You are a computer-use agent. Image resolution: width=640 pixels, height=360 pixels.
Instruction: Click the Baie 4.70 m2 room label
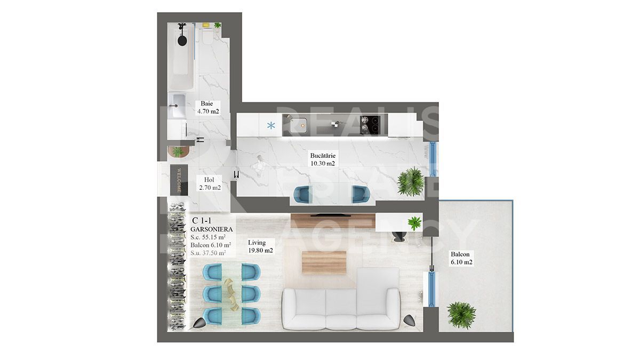[209, 107]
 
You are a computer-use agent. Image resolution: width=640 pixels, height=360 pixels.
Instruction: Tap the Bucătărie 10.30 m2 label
[323, 159]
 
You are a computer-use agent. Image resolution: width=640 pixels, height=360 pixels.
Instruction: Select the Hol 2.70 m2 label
[210, 183]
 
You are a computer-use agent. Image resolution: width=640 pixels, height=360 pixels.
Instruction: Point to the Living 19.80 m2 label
[260, 246]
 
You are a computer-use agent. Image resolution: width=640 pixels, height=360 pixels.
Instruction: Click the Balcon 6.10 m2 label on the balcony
[461, 258]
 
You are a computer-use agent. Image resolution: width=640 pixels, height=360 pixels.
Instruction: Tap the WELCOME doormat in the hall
[179, 180]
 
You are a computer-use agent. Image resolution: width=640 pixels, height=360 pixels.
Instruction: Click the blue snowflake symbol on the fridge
[271, 125]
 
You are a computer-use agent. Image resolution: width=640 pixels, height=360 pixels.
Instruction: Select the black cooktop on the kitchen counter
[370, 125]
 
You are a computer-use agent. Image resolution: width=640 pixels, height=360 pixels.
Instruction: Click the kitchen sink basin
[299, 126]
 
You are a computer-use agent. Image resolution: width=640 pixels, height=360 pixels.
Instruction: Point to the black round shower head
[182, 39]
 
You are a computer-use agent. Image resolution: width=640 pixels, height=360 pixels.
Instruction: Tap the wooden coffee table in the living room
[324, 262]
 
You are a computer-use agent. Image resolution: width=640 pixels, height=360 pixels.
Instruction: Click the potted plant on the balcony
[461, 315]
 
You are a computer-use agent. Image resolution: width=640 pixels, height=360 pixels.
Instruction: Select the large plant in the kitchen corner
[411, 182]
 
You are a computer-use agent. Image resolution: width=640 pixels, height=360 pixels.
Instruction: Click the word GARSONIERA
[211, 229]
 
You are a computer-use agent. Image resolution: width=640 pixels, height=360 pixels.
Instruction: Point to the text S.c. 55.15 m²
[208, 237]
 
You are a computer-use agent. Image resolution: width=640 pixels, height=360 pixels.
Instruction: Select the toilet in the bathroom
[206, 37]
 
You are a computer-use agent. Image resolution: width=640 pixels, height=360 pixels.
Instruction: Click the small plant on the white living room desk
[414, 223]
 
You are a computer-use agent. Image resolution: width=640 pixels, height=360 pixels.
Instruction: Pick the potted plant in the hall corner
[178, 151]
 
